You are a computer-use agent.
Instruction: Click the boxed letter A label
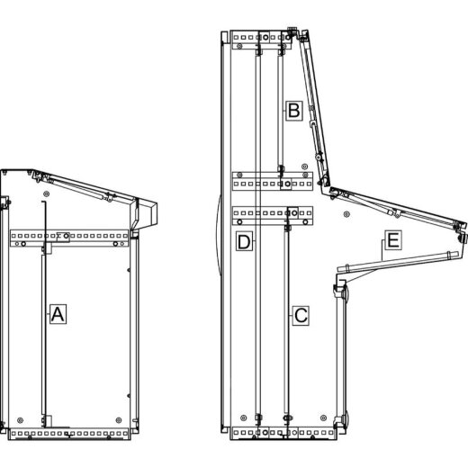click(x=57, y=314)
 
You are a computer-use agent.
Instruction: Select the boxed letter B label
click(x=293, y=111)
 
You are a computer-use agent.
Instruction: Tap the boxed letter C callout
click(x=301, y=315)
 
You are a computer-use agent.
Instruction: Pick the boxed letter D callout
click(x=243, y=241)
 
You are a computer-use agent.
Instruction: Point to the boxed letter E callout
click(x=392, y=240)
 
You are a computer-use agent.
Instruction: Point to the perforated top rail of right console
click(x=261, y=40)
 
